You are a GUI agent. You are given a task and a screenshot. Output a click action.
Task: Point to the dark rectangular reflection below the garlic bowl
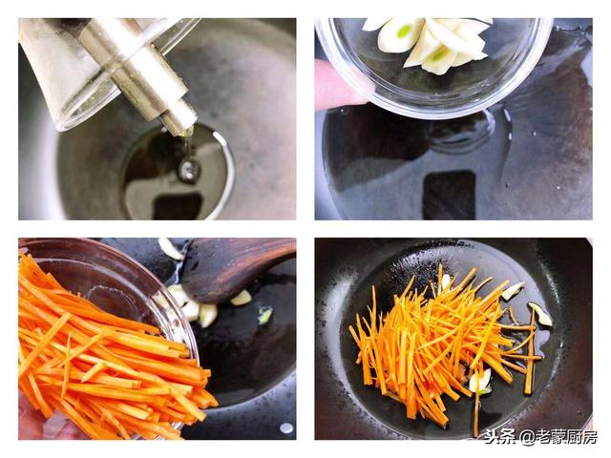(450, 195)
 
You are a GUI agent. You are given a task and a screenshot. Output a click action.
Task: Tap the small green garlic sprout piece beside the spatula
(265, 315)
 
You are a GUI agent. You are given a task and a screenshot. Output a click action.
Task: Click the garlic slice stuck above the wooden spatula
(170, 248)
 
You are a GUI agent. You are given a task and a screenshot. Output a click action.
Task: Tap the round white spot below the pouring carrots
(286, 428)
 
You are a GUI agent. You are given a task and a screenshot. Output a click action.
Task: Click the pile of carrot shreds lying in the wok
(444, 346)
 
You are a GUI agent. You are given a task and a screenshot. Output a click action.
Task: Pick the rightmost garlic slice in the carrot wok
(540, 314)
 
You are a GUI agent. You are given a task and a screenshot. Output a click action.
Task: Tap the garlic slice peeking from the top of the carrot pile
(446, 281)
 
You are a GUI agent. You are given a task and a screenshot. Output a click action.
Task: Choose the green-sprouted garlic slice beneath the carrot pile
(479, 381)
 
